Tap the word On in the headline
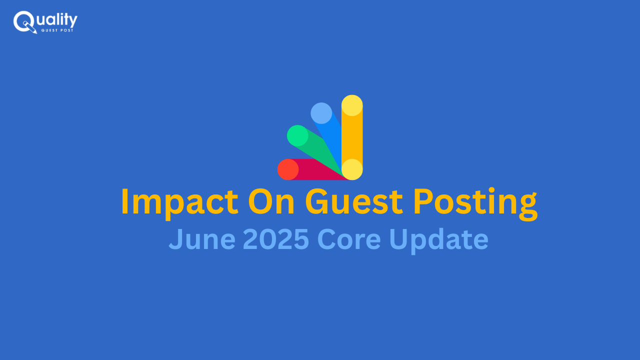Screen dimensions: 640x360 tap(271, 201)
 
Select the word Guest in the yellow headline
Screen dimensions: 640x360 tap(354, 201)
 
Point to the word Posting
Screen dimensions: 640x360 tap(475, 203)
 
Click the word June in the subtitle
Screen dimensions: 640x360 tap(202, 239)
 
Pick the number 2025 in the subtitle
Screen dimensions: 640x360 tap(275, 239)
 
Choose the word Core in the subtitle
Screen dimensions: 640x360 tap(349, 239)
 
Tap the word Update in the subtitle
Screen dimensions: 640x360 tap(439, 241)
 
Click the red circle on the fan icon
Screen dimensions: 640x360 tap(288, 169)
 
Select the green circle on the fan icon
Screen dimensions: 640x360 tap(297, 135)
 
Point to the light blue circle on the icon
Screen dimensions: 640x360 tap(321, 113)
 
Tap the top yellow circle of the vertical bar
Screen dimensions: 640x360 tap(352, 105)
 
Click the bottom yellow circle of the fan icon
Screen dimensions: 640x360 tap(352, 169)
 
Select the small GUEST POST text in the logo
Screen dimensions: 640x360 tap(57, 30)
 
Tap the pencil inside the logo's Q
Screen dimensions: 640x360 tap(30, 27)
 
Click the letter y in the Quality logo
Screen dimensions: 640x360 tap(73, 21)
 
